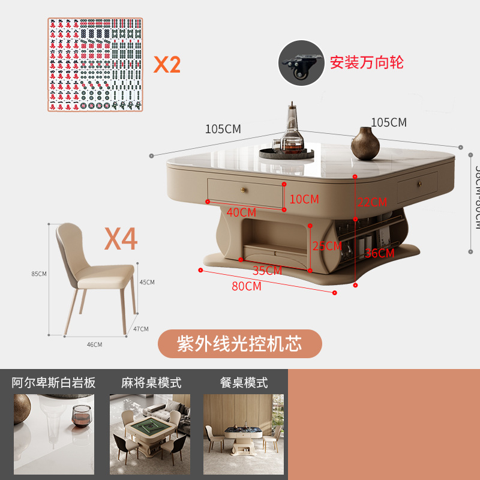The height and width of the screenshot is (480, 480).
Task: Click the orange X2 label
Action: (x=167, y=64)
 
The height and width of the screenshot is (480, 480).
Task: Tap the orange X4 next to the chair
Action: (x=121, y=238)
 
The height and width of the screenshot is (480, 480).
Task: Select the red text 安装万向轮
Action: (x=367, y=62)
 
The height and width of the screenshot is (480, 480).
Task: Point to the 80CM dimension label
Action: (x=247, y=286)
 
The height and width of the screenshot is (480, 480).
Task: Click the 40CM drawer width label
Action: (x=241, y=212)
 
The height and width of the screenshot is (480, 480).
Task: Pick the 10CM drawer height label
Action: (x=304, y=199)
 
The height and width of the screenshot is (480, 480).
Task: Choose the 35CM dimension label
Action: (x=267, y=271)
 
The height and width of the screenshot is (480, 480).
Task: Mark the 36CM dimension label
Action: (x=379, y=253)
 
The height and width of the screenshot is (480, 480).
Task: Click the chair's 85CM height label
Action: (x=39, y=274)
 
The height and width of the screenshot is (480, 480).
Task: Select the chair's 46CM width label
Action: (x=95, y=344)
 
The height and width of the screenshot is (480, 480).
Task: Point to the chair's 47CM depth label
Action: (x=141, y=329)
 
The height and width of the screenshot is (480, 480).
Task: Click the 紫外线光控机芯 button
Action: (x=239, y=343)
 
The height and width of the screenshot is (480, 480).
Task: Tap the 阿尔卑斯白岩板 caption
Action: (x=54, y=382)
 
